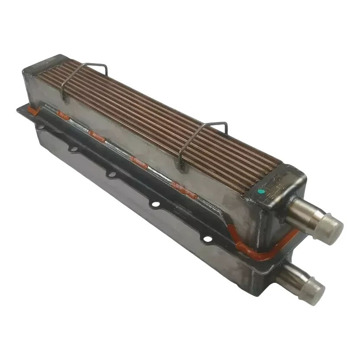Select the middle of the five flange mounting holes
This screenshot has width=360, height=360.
pos(112,174)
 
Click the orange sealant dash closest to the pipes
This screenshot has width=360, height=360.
pos(184,190)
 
